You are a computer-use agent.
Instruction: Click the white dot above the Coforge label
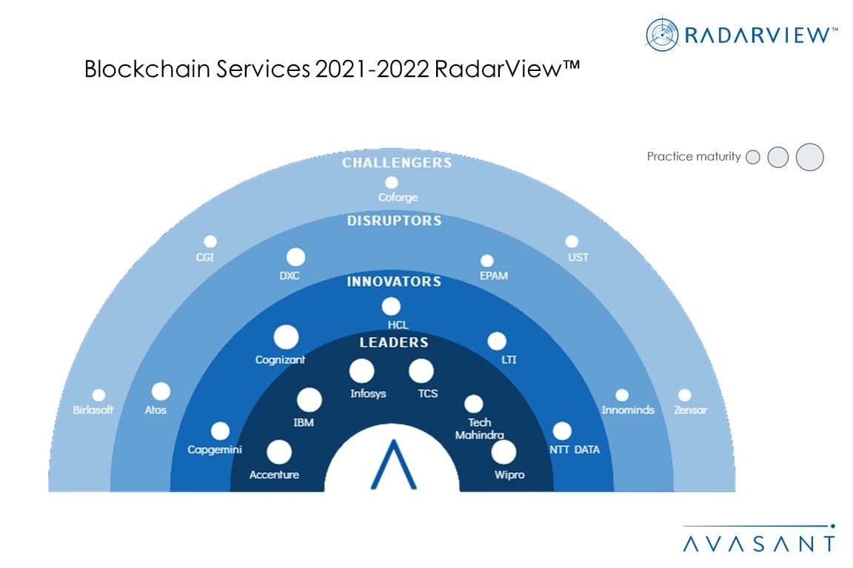click(x=391, y=183)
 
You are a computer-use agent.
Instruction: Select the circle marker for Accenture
click(x=279, y=452)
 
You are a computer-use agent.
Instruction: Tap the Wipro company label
click(x=509, y=475)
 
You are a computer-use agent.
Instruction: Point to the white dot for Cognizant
click(x=286, y=337)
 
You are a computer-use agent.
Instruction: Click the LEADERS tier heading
click(x=394, y=342)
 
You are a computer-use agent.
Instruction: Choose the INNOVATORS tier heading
click(x=394, y=282)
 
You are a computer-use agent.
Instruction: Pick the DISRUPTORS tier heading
click(x=395, y=220)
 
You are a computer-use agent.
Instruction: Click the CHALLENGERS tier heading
click(x=397, y=163)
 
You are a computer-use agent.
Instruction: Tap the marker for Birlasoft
click(x=98, y=395)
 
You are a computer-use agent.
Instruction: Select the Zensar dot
click(x=684, y=395)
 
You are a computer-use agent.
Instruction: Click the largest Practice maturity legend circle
click(x=809, y=157)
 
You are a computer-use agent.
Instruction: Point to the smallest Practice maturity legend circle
click(x=753, y=157)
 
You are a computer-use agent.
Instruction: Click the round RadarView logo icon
click(x=662, y=35)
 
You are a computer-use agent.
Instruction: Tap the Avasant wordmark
click(x=759, y=543)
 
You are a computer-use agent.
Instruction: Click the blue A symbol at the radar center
click(x=393, y=464)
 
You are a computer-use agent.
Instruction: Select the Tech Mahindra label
click(x=479, y=428)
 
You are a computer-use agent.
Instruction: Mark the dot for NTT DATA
click(x=562, y=431)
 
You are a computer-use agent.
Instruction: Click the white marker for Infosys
click(x=362, y=371)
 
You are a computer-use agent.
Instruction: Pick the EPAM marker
click(x=487, y=261)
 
